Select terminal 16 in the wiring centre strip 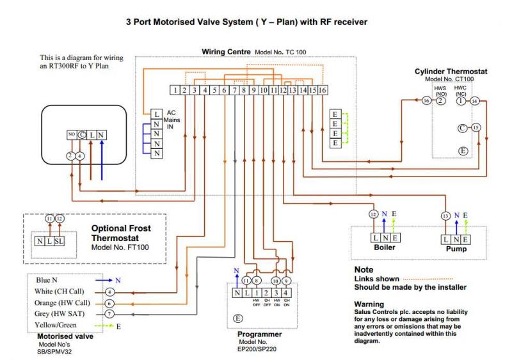click(323, 91)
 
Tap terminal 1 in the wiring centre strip click(174, 91)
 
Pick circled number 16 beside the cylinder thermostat click(427, 101)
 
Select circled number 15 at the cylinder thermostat click(475, 128)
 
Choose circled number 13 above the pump click(445, 216)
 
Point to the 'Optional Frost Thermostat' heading click(122, 232)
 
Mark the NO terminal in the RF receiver click(71, 135)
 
